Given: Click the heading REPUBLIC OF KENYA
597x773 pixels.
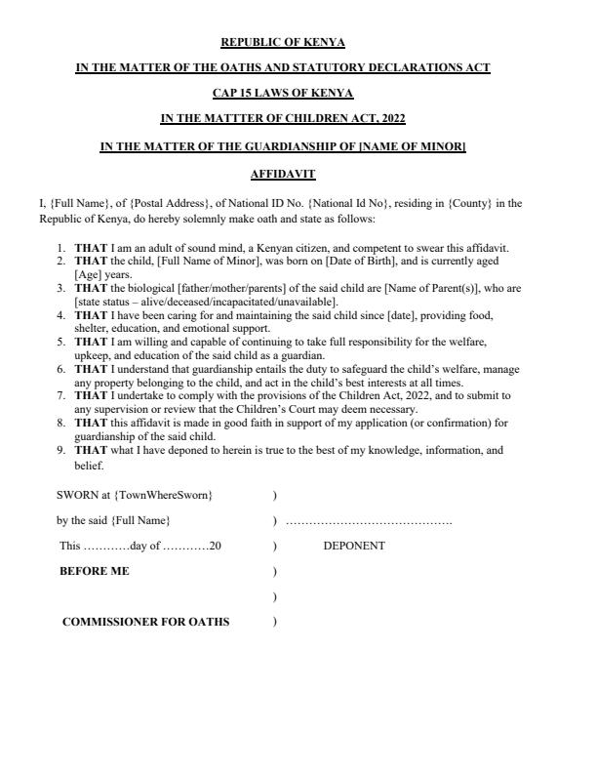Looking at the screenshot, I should [x=283, y=42].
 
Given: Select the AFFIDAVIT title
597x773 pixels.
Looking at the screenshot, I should [x=283, y=173].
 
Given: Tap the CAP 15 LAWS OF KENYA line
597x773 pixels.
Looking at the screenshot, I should [x=283, y=94].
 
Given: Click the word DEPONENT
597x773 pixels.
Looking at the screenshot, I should [x=354, y=547].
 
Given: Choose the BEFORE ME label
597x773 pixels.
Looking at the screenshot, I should [x=95, y=571].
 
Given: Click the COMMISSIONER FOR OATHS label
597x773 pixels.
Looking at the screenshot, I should [x=146, y=622].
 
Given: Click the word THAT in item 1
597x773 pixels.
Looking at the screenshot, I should [x=91, y=248].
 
